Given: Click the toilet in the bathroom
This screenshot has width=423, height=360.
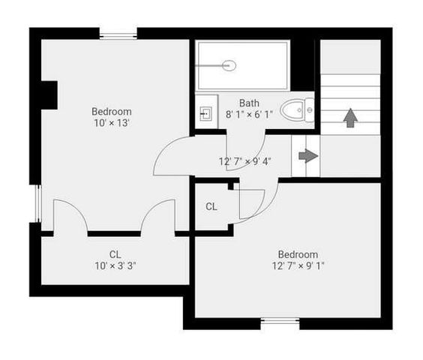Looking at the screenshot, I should tap(298, 112).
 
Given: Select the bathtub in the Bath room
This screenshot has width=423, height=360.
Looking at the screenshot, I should tap(242, 66).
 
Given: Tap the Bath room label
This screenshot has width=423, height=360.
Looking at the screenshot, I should tap(249, 103).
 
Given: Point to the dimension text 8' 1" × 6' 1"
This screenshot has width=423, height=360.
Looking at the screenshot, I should tap(249, 115).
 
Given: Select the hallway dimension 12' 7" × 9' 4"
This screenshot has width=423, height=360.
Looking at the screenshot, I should tap(245, 161).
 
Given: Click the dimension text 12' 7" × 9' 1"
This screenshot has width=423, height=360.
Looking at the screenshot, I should tap(298, 265).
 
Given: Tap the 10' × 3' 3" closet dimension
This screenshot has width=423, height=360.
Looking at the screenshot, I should tap(115, 265).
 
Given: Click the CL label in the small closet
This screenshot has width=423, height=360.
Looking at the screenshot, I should tap(211, 207).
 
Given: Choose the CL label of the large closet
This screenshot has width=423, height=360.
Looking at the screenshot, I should tap(115, 254).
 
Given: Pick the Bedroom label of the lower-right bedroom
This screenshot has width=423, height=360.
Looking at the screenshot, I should tap(298, 254).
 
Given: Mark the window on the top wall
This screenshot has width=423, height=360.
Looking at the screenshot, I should tap(118, 34).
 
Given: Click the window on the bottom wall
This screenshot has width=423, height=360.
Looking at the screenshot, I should tap(280, 323).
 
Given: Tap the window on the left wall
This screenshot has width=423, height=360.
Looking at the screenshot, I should tap(36, 202).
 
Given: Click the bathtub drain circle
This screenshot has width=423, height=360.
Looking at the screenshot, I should tap(229, 66).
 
